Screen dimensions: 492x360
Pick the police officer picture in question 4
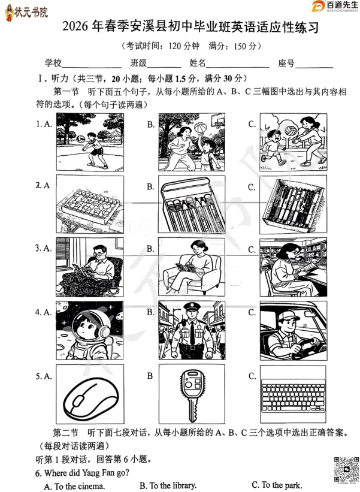192,333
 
